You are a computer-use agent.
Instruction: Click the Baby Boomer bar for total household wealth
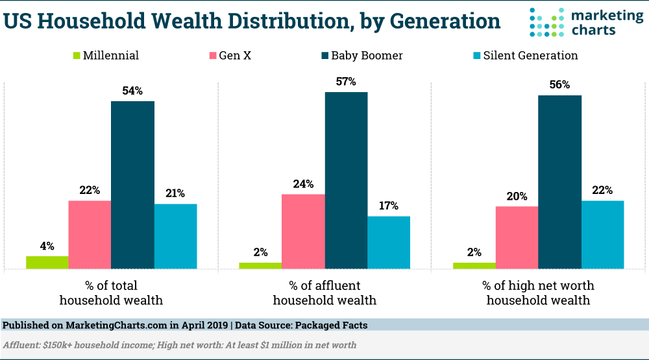point(132,185)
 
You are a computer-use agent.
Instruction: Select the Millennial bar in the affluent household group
point(260,265)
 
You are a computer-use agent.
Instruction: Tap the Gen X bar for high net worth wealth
point(517,237)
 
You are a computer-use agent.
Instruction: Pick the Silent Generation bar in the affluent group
point(389,242)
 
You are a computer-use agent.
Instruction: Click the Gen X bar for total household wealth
point(90,234)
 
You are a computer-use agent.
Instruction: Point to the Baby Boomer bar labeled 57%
point(346,180)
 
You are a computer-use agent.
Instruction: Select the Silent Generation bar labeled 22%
point(602,234)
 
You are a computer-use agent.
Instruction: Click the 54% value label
point(132,91)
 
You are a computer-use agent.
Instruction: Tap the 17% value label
point(389,206)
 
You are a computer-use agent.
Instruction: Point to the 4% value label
point(47,246)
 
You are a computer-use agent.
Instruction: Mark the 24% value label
point(303,184)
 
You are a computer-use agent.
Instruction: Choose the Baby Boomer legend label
point(367,56)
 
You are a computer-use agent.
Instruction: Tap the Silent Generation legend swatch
point(475,56)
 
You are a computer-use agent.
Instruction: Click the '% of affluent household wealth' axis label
point(324,293)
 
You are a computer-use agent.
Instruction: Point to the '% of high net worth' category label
point(538,285)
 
